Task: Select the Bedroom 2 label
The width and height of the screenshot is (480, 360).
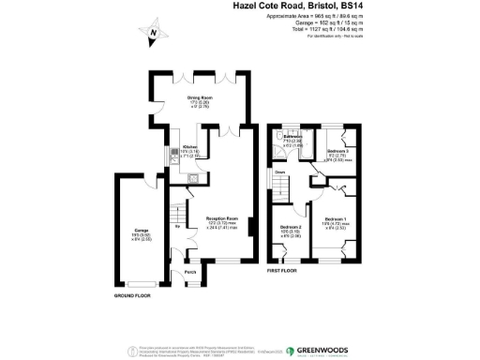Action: (291, 228)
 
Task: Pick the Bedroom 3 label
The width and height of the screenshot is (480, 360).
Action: (338, 152)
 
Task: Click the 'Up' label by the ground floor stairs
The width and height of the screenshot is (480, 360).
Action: (176, 226)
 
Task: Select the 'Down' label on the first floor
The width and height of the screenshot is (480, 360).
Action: (280, 172)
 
